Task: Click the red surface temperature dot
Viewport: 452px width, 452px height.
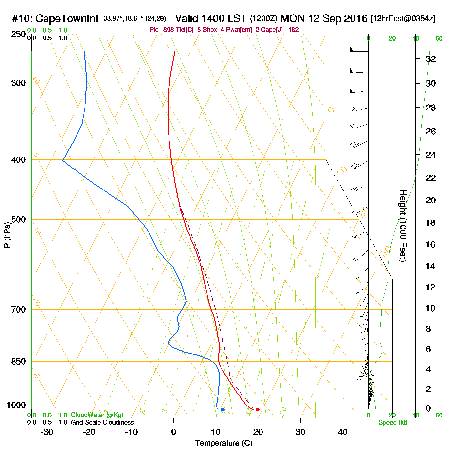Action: point(258,409)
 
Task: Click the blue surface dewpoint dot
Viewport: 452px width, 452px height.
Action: point(223,409)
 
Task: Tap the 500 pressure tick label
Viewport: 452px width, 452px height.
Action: point(18,220)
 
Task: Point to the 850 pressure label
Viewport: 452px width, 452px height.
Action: point(18,362)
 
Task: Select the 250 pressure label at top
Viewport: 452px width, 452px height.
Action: point(18,34)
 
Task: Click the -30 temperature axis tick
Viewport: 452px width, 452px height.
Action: point(47,432)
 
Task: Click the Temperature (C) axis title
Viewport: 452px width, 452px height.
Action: point(223,443)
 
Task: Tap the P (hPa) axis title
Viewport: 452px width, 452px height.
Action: point(7,235)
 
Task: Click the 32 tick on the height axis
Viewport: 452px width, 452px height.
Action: point(431,59)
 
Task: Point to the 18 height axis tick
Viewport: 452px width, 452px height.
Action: point(431,222)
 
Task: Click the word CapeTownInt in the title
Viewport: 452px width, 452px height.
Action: point(67,19)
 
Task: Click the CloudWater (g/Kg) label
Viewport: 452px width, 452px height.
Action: point(97,415)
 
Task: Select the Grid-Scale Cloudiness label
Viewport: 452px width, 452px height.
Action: point(102,422)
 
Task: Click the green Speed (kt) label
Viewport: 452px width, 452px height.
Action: point(393,423)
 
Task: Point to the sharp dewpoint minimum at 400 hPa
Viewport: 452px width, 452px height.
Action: point(63,160)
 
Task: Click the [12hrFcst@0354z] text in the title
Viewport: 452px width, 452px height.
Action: point(403,19)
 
